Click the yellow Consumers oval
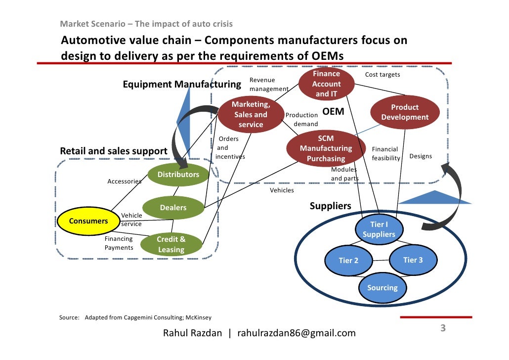[88, 221]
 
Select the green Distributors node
[178, 175]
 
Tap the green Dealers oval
[173, 208]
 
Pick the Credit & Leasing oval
[171, 244]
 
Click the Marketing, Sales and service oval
[251, 115]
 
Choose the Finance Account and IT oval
[327, 84]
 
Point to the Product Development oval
[405, 112]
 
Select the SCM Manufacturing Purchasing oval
[326, 149]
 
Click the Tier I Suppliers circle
[379, 229]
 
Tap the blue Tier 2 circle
[348, 261]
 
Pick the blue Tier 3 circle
[413, 260]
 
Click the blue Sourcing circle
[382, 288]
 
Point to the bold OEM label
[333, 112]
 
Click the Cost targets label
[382, 75]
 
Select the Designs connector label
[421, 156]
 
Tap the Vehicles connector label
[282, 190]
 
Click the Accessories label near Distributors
[125, 181]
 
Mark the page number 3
[443, 328]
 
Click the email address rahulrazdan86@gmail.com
[297, 333]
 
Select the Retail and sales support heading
[114, 151]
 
